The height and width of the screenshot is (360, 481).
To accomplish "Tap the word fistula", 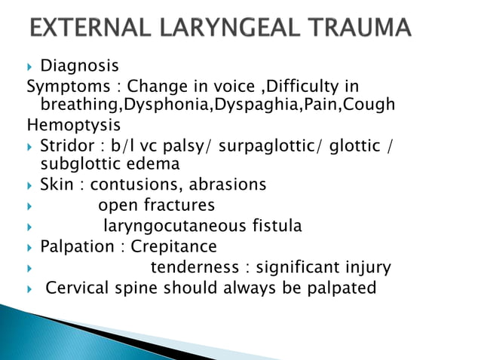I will pyautogui.click(x=274, y=225).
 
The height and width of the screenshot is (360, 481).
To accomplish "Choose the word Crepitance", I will pyautogui.click(x=173, y=246).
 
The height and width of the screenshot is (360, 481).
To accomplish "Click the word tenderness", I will pyautogui.click(x=195, y=267).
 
